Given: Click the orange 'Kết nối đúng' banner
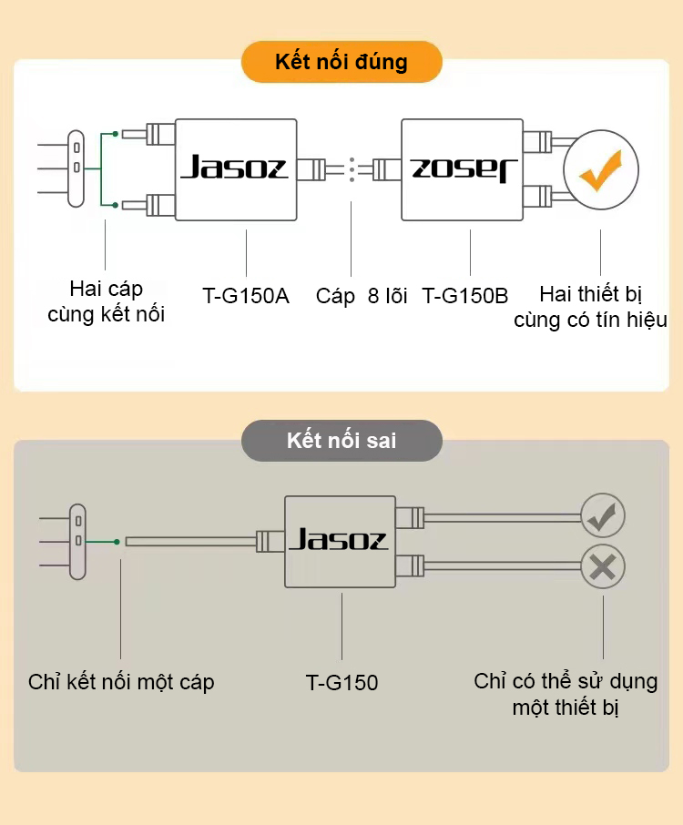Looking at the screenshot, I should coord(341,62).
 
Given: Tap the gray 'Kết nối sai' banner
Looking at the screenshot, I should coord(341,442).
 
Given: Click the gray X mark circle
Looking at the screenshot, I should coord(603,567).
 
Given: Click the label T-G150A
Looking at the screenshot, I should coord(246,295).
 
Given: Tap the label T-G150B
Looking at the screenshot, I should coord(465,295).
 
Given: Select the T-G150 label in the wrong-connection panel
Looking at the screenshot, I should coord(341,682).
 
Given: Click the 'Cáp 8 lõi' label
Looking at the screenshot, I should coord(362,295).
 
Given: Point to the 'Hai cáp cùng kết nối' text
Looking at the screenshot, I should coord(107,302).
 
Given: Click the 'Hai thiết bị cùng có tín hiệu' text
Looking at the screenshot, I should coord(590,307).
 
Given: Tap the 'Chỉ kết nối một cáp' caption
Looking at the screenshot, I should coord(121,682).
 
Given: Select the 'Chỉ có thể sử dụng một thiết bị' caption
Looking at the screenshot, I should coord(566,694).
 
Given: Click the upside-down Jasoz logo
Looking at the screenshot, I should coord(464,168).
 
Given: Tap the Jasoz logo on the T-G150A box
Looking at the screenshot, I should coord(234,168).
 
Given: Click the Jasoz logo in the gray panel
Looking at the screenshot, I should coord(339,541).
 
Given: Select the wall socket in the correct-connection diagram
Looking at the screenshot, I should coord(77,168).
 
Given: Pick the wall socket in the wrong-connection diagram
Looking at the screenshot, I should coord(77,542).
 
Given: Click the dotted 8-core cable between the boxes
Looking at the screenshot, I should coord(351,169).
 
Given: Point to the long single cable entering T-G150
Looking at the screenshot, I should coord(191,542).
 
